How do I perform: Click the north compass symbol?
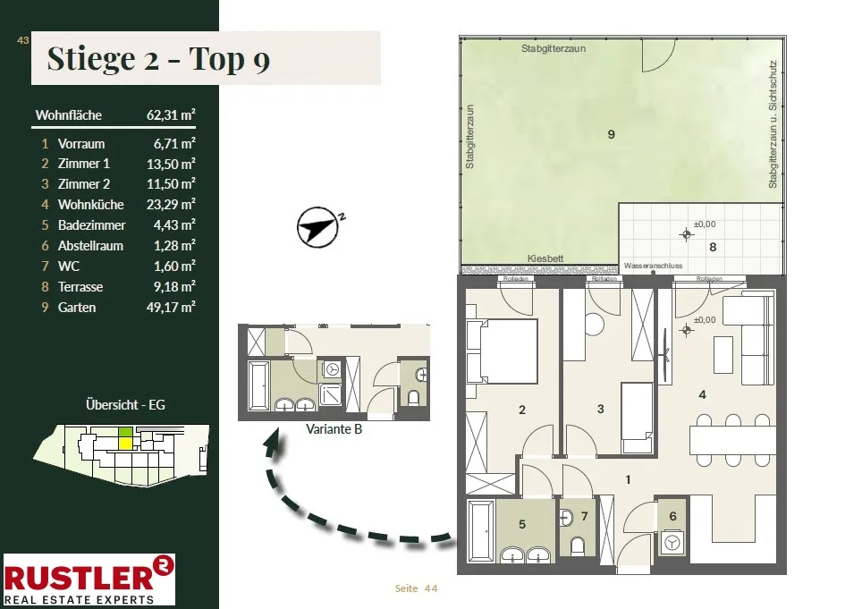click(317, 227)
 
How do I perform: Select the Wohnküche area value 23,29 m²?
click(171, 205)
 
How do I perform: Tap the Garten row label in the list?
click(76, 308)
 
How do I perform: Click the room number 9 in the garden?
click(612, 134)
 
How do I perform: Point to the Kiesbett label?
click(545, 258)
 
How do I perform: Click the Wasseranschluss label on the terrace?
click(653, 266)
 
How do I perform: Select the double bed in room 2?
click(502, 351)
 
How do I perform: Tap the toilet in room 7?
click(578, 546)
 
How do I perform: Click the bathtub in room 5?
click(481, 531)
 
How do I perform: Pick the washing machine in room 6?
click(672, 543)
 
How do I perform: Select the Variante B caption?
click(334, 429)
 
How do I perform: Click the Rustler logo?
click(89, 579)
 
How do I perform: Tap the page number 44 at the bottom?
click(431, 588)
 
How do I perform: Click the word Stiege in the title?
click(90, 58)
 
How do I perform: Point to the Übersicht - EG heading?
click(125, 404)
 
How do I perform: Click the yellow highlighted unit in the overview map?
click(126, 443)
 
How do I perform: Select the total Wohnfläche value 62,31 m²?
click(171, 114)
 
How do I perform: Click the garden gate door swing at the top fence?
click(658, 54)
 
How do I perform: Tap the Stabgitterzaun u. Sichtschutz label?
click(773, 124)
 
